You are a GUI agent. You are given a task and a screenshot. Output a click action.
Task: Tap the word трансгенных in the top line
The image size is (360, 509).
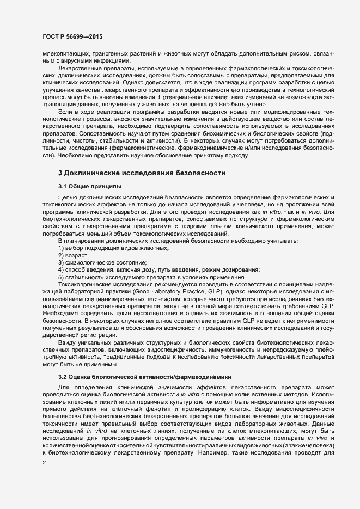click(95, 54)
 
